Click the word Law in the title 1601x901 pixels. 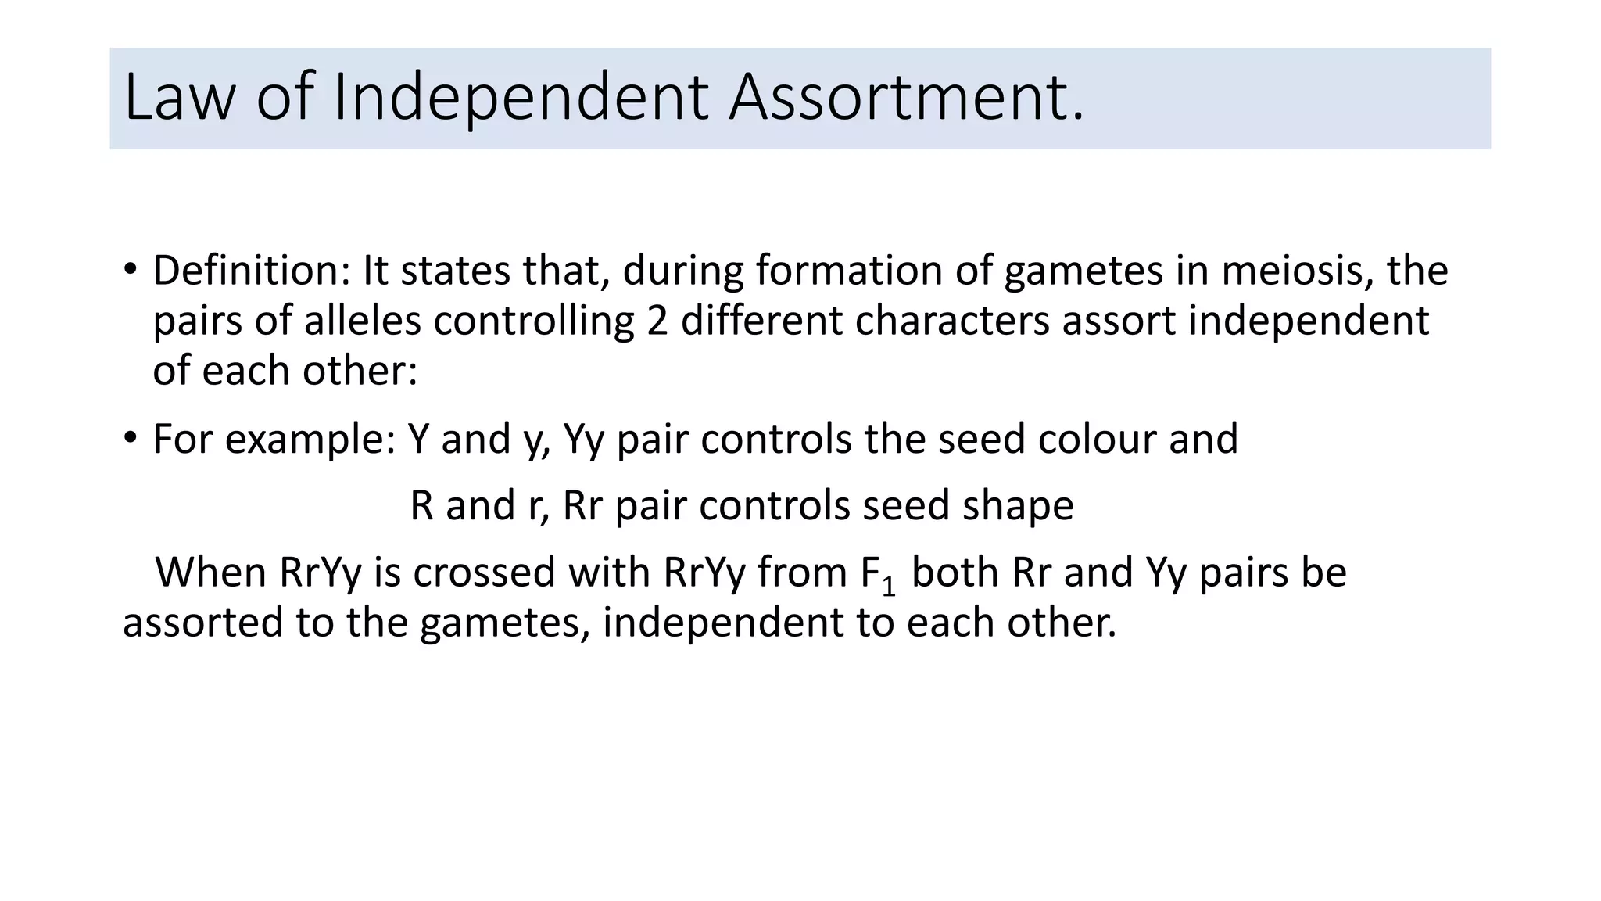[x=178, y=98]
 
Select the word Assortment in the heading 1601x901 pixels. [x=905, y=98]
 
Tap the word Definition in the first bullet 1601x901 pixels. [x=251, y=271]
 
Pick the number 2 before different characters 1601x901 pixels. [x=657, y=321]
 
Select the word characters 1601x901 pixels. [x=951, y=321]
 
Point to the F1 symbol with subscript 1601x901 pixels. [x=877, y=574]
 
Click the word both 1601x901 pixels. [x=955, y=573]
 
